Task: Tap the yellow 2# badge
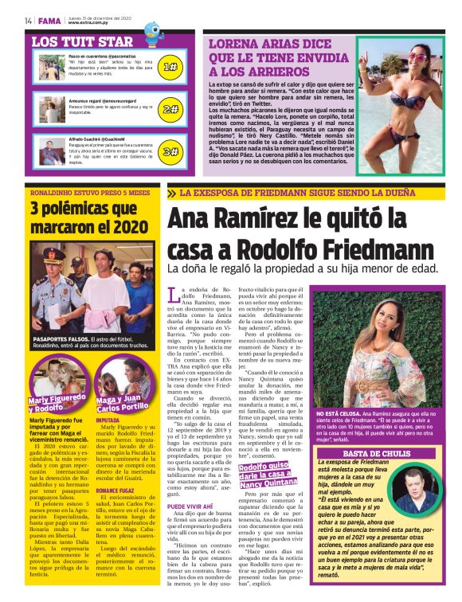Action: tap(170, 109)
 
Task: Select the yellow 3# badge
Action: tap(170, 150)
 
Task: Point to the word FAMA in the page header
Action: tap(49, 20)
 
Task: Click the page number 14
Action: tap(28, 20)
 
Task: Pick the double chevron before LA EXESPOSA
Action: tap(171, 193)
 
